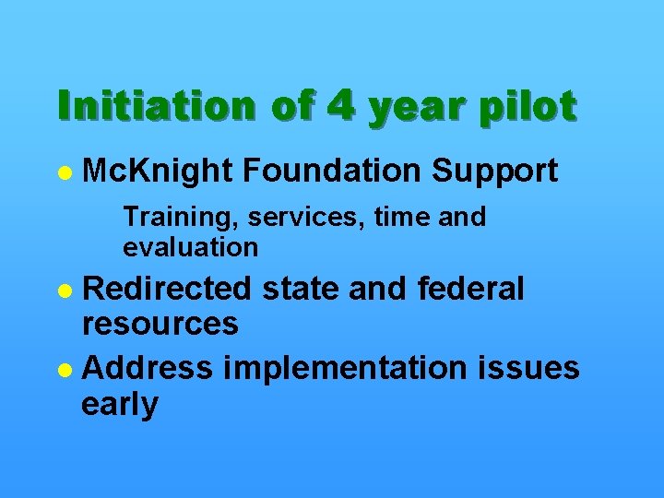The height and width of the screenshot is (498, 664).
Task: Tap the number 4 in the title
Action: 340,107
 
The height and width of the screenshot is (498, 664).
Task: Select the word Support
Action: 495,171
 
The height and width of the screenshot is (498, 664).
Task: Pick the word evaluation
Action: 190,246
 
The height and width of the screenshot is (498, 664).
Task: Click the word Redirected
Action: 166,289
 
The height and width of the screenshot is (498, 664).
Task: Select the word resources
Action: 160,324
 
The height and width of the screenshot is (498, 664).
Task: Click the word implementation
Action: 360,369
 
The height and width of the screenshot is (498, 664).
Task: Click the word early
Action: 120,404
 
